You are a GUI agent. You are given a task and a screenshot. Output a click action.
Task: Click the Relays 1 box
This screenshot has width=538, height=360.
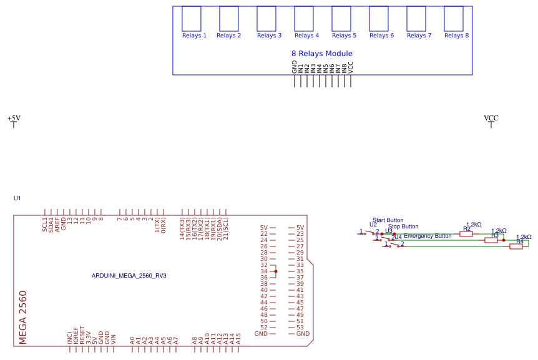191,19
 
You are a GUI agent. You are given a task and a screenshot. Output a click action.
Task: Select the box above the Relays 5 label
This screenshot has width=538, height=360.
341,19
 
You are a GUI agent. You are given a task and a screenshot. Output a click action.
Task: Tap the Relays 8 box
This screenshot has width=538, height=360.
453,19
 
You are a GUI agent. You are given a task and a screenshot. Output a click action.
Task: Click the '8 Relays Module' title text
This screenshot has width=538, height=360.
321,54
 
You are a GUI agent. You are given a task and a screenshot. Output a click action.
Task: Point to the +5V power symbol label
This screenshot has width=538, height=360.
14,118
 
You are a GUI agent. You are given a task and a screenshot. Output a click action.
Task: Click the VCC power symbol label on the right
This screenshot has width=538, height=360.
491,118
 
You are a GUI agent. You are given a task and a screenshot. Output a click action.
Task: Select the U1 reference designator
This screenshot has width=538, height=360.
17,198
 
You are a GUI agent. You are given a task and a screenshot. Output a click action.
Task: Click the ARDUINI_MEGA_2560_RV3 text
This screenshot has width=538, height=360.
129,275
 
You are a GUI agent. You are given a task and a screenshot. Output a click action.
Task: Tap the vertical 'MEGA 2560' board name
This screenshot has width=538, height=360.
23,317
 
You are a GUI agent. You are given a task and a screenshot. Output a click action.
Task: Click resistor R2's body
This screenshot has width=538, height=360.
466,233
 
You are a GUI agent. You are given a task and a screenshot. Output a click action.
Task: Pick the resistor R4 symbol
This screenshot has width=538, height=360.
516,246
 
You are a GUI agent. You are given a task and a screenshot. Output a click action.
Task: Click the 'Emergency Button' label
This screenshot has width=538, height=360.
428,236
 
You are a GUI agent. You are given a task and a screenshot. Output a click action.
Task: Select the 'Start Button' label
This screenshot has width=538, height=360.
388,220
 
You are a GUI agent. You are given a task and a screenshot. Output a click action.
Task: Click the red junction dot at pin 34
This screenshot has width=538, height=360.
275,271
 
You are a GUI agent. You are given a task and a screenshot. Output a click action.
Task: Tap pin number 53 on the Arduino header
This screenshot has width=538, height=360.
300,328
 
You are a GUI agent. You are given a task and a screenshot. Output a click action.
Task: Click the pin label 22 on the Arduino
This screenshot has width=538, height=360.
263,234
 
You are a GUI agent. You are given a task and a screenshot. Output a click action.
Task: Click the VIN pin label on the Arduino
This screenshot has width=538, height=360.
113,339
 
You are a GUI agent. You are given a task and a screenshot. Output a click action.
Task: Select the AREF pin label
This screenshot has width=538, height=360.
57,225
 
